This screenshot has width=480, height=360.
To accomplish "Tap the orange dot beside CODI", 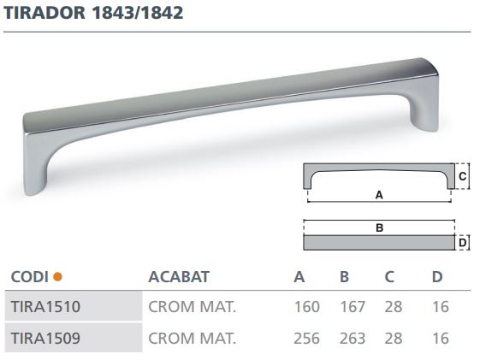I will pos(57,276).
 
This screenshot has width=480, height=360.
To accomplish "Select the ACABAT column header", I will pos(179,276).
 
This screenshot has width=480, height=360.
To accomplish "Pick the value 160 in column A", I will pos(306,306).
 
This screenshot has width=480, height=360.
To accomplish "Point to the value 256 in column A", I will pos(306,338).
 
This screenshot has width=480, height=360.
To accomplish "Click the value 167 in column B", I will pos(352,306).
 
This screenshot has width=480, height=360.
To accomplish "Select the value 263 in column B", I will pos(352,338).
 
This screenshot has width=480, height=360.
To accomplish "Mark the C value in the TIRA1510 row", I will pos(394,306).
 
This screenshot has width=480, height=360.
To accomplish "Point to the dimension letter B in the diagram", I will pos(377,228).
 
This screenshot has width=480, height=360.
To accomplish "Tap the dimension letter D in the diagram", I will pos(462,243).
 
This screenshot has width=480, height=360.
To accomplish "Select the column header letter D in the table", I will pos(438,276).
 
